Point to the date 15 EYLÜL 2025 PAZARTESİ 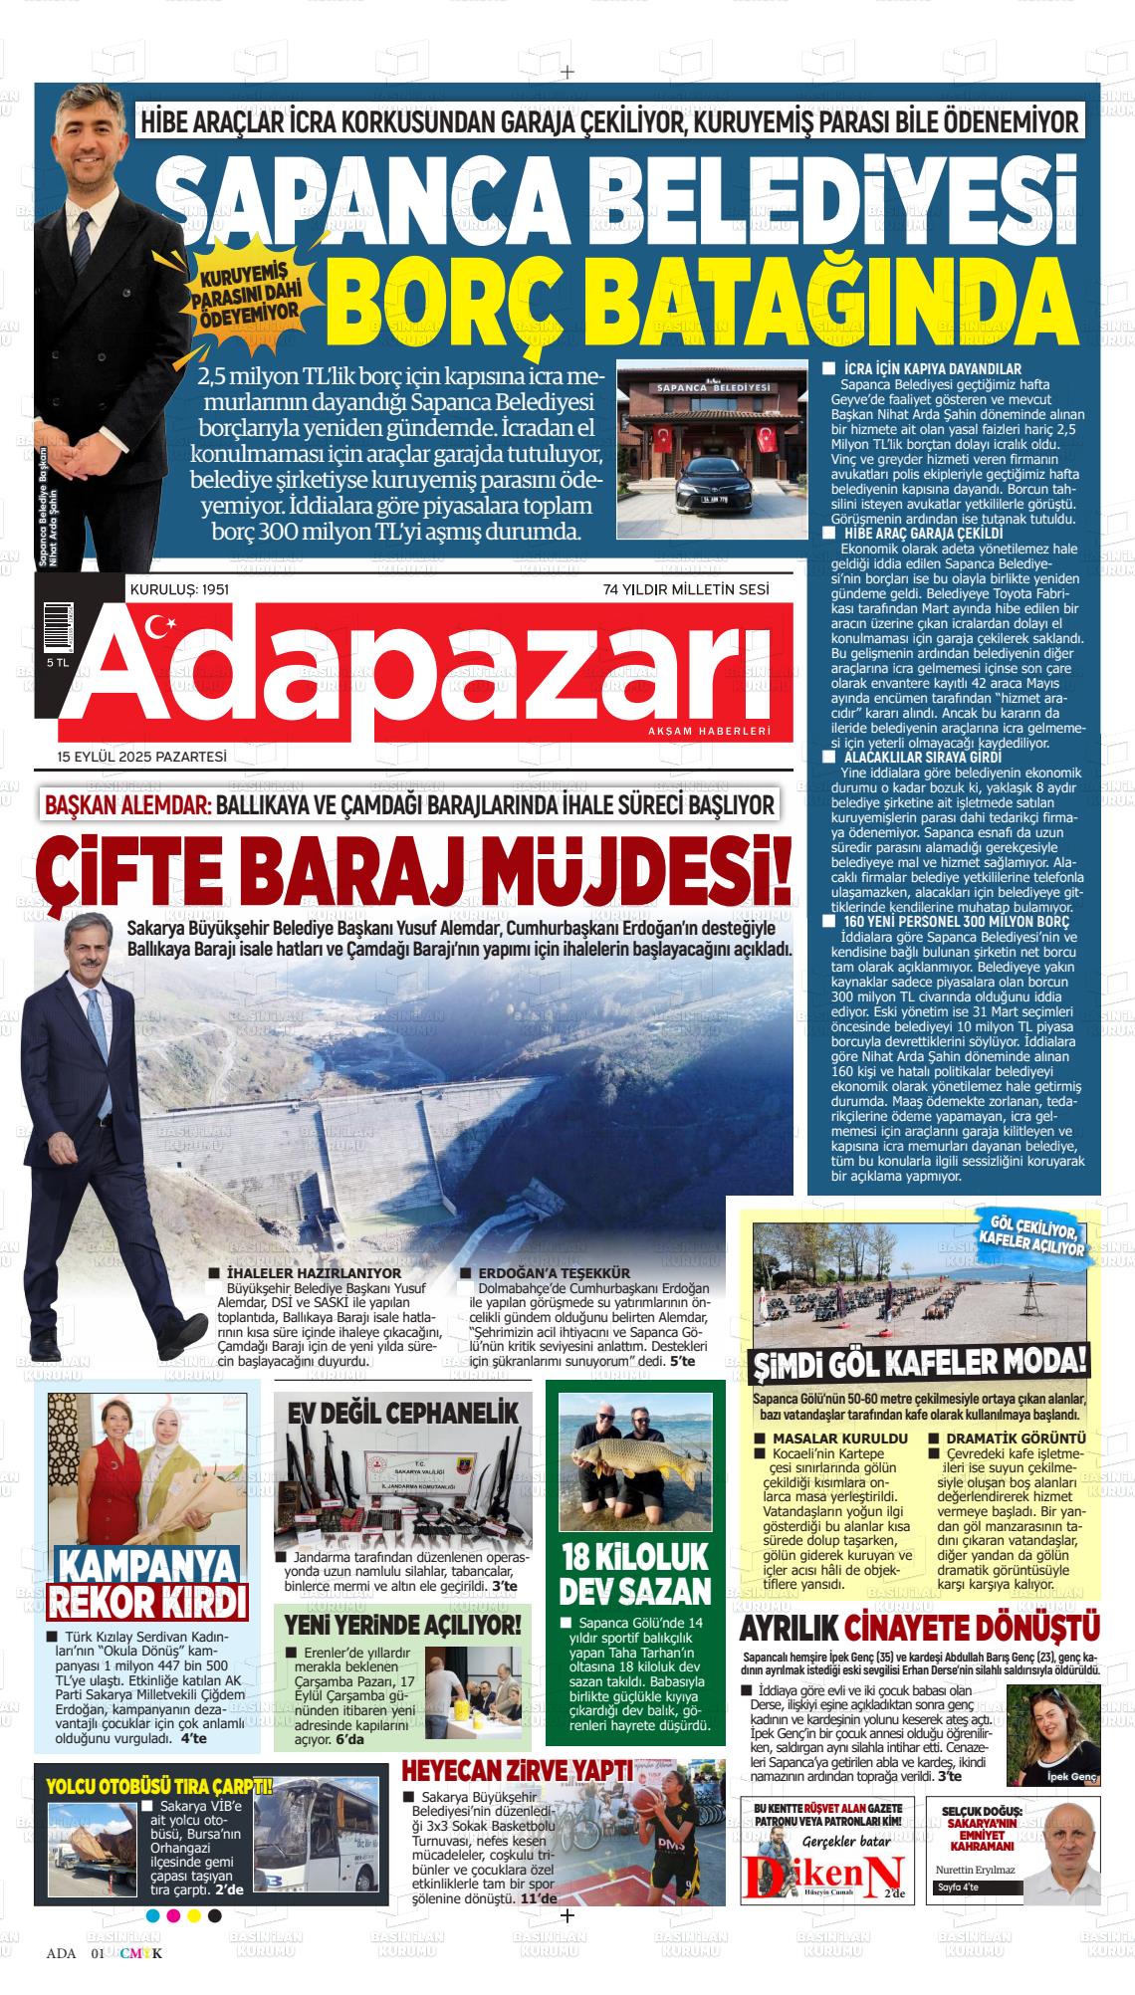click(142, 757)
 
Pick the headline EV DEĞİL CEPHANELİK click(404, 1413)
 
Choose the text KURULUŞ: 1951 click(180, 590)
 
